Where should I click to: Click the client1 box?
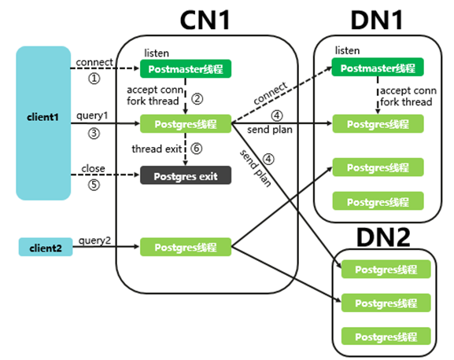pos(43,123)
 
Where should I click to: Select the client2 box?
pos(46,247)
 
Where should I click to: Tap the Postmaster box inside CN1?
pos(186,69)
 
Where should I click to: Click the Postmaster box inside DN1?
pos(378,67)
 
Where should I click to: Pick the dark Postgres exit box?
pos(186,175)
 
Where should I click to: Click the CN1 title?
pos(205,20)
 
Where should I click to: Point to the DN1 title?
pos(377,20)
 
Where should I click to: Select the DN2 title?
pos(383,237)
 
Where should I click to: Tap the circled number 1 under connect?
pos(94,79)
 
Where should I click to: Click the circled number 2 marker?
pos(197,99)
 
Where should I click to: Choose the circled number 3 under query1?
pos(94,134)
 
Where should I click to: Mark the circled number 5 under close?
pos(94,185)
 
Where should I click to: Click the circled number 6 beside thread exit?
pos(196,149)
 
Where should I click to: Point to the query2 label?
pos(94,241)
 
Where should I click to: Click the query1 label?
pos(92,116)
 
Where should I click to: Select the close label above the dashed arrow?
pos(93,168)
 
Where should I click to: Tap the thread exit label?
pos(157,149)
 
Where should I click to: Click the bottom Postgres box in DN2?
pos(386,336)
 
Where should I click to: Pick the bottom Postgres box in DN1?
pos(378,201)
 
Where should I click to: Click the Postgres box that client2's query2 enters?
pos(186,247)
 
